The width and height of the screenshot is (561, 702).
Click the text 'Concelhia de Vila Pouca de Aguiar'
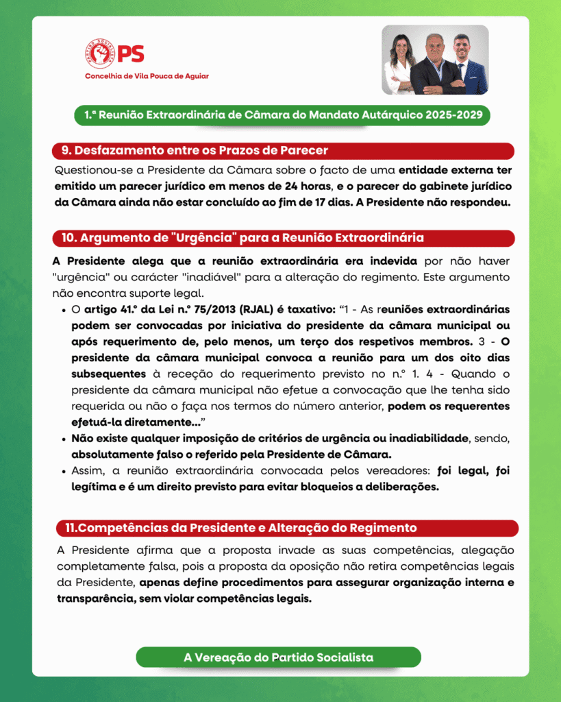pos(147,76)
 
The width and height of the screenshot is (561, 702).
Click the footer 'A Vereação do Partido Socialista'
pos(278,657)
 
